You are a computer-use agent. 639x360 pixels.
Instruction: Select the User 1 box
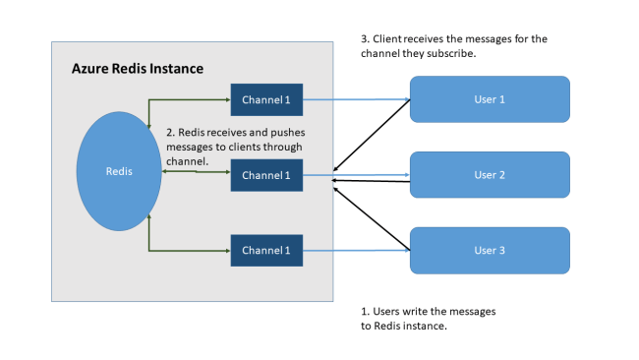pos(489,99)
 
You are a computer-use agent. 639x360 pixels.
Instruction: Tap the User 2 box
pos(489,175)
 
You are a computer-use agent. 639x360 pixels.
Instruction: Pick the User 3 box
pos(489,250)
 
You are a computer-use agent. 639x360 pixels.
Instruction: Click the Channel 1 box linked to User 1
pos(266,99)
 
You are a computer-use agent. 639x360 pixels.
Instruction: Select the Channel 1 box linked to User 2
pos(266,175)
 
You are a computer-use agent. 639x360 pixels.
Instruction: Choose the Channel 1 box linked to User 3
pos(266,250)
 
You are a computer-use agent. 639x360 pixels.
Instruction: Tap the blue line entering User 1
pos(354,99)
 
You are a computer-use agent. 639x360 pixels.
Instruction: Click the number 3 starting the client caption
pos(365,39)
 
